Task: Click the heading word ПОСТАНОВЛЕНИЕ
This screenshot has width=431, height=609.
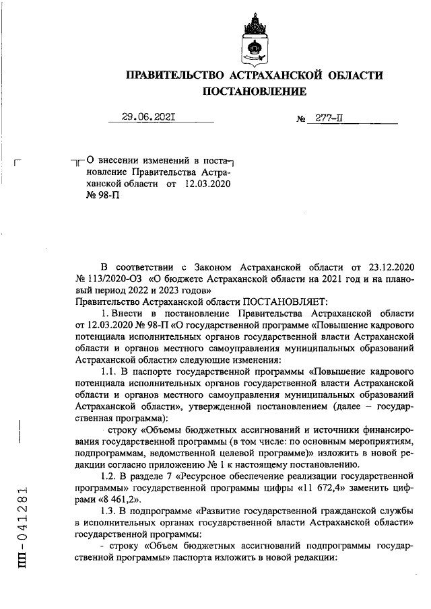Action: point(254,91)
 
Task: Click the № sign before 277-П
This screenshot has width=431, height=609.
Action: point(301,120)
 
